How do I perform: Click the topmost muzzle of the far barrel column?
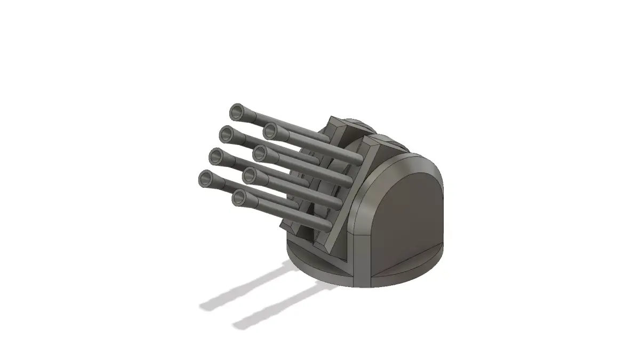coord(236,112)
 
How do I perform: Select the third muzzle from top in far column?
coord(215,156)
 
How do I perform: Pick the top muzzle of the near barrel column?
coord(270,130)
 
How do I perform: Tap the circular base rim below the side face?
coord(405,275)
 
